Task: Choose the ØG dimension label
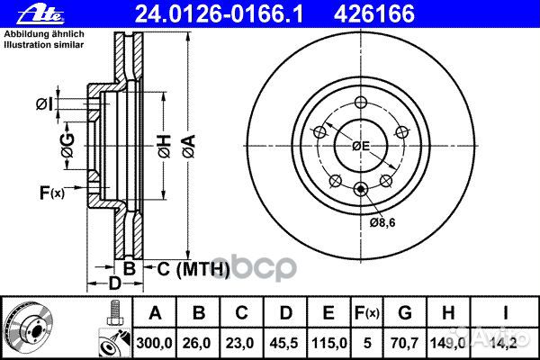[x=67, y=139]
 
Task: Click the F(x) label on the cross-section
[x=51, y=192]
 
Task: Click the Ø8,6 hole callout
[x=382, y=219]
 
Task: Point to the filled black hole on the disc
[x=361, y=188]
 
